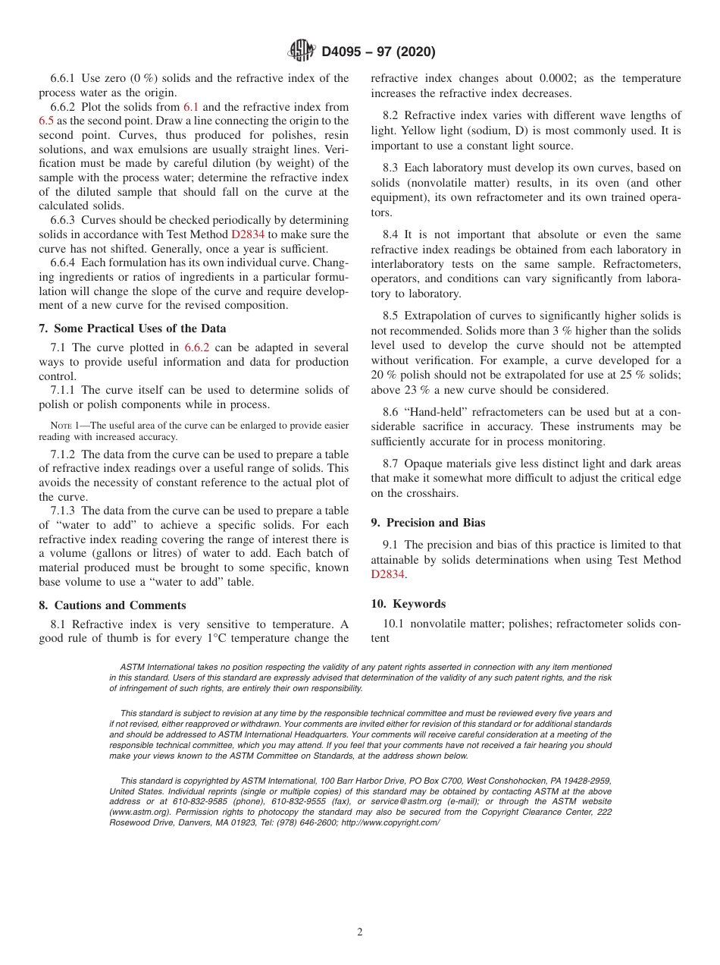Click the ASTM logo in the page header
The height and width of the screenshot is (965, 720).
pos(302,51)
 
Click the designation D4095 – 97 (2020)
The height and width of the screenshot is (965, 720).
pos(378,52)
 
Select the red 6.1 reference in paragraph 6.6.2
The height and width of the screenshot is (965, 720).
pos(191,107)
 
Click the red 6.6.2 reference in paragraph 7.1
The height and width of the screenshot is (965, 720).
pos(199,347)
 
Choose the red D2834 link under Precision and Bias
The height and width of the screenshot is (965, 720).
pos(387,574)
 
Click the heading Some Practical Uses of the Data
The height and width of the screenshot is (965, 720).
pos(137,328)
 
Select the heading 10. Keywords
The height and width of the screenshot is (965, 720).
pos(408,604)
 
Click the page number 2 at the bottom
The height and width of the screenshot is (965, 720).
pos(360,932)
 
